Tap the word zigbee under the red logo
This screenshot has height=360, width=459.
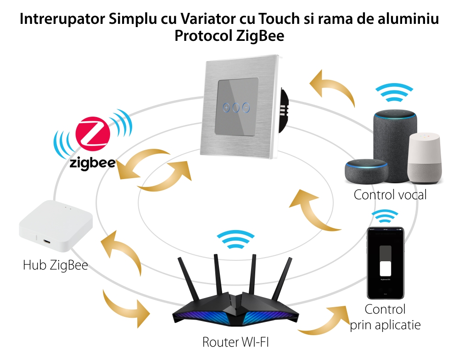[92, 164]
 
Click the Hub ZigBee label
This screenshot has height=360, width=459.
[55, 265]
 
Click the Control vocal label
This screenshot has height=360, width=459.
[390, 195]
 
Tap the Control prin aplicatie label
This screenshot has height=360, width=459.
[385, 317]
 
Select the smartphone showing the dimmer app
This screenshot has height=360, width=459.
[385, 262]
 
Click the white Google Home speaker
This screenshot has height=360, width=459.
[425, 158]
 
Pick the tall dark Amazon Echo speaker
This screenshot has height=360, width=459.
[395, 138]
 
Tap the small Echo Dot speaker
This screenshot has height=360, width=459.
[366, 171]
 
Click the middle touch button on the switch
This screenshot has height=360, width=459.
[235, 107]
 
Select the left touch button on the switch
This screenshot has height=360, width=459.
[225, 107]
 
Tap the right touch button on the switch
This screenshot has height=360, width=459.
[246, 107]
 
